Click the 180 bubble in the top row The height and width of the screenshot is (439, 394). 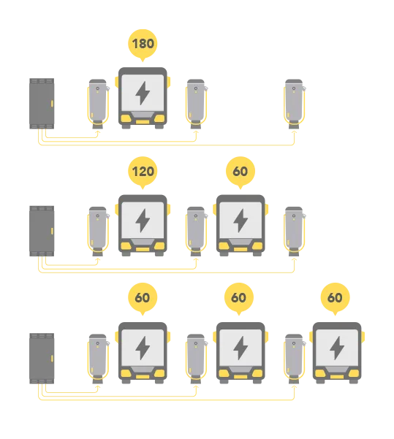click(143, 45)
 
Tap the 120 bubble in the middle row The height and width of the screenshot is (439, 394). click(143, 172)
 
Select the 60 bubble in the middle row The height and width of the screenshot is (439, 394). click(240, 172)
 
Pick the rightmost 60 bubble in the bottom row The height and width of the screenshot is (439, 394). click(335, 297)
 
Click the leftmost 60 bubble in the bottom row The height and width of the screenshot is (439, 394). click(143, 297)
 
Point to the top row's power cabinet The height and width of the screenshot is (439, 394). click(42, 104)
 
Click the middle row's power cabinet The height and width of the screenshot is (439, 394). click(42, 231)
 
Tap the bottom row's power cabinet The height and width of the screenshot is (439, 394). click(42, 359)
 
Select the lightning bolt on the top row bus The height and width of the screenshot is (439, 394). click(143, 93)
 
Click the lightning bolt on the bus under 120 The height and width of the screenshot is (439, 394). click(143, 221)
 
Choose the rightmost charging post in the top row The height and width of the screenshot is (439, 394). click(295, 104)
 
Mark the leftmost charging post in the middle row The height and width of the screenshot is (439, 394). click(98, 232)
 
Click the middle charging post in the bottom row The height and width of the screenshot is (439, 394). click(196, 359)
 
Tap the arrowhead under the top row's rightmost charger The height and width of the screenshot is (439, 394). click(294, 132)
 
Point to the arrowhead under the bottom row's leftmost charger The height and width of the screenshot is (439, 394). click(98, 387)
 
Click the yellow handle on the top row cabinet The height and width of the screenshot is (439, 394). click(52, 104)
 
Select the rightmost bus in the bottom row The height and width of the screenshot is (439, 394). click(337, 353)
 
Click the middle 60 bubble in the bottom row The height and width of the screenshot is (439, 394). click(239, 297)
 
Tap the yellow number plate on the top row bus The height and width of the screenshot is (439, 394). click(143, 122)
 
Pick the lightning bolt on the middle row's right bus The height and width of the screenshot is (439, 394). click(240, 221)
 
